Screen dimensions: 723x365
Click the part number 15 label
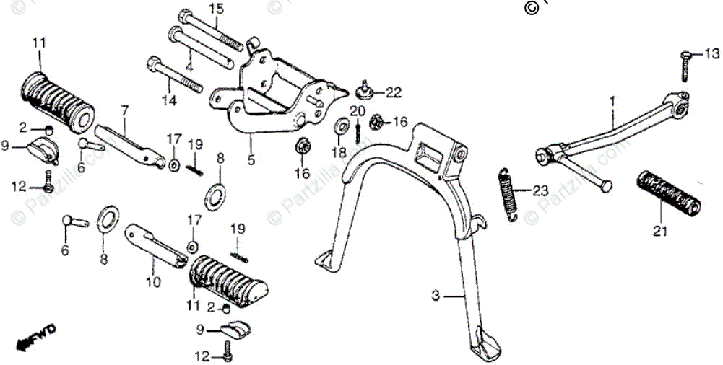(x=217, y=9)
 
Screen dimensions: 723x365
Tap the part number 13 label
(x=712, y=54)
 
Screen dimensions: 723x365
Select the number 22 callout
(x=393, y=92)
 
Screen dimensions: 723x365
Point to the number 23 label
(x=541, y=191)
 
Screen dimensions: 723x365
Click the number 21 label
(x=660, y=232)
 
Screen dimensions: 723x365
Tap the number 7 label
(x=124, y=110)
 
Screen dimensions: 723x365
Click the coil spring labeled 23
(x=508, y=191)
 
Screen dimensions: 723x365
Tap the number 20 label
(x=357, y=110)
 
